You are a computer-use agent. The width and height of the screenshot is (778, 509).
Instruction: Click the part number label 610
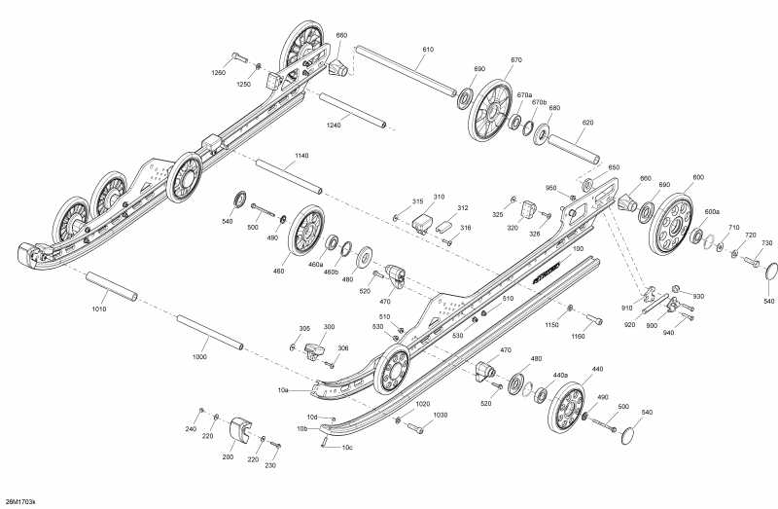coord(428,49)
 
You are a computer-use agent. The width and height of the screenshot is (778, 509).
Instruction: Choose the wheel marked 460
coord(305,234)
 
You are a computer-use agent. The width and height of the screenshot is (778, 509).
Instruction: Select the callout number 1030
coord(440,415)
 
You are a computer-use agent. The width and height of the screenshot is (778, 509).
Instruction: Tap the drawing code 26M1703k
coord(20,501)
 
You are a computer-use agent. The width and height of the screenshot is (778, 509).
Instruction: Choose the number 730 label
coord(766,243)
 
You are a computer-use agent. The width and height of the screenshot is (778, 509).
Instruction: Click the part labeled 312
coord(463,208)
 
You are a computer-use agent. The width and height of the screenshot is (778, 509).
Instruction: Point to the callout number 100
coord(579,250)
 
